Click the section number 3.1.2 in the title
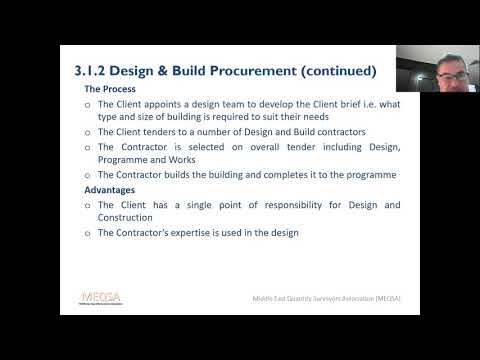click(97, 71)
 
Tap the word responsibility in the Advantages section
click(303, 204)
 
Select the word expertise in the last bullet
click(197, 232)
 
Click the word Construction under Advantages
click(125, 217)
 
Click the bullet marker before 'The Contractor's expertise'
click(87, 233)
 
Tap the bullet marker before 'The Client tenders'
click(87, 133)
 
